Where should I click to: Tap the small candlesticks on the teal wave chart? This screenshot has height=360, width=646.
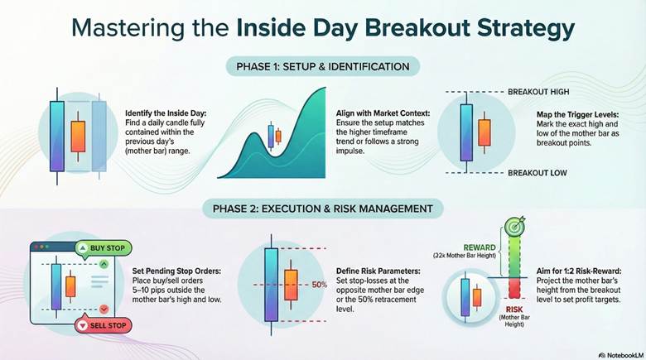pyautogui.click(x=274, y=135)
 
